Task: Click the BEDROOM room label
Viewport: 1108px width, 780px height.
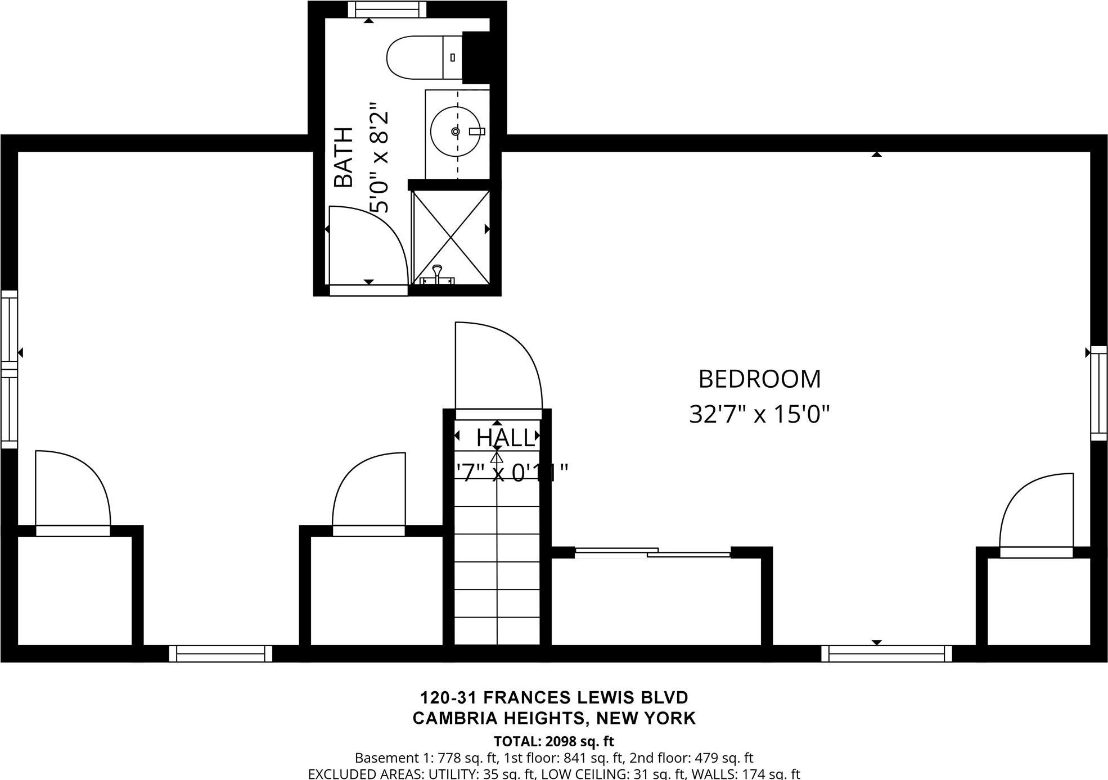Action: (x=759, y=379)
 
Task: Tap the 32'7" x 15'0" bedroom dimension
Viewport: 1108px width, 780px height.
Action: (x=759, y=415)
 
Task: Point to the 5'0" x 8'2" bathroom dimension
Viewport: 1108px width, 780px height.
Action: (x=379, y=157)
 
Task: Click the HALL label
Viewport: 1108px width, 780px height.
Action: (x=505, y=438)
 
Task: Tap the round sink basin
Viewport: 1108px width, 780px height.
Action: (x=456, y=131)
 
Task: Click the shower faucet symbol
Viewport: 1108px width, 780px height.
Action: (x=438, y=275)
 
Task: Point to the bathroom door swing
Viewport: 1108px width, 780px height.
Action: (x=366, y=247)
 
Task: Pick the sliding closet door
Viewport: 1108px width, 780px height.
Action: (x=652, y=552)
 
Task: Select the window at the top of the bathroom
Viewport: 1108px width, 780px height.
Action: (x=386, y=9)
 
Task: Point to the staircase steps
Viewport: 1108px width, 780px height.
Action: (x=497, y=562)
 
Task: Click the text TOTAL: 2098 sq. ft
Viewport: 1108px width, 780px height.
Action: (x=553, y=741)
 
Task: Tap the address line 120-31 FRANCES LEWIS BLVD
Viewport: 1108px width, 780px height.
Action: (x=554, y=697)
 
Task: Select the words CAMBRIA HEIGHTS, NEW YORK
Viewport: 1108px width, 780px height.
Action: (x=554, y=718)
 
